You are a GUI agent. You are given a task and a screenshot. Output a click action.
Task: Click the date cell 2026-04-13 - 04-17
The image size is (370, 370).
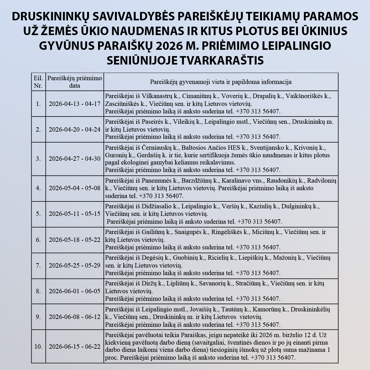(x=75, y=104)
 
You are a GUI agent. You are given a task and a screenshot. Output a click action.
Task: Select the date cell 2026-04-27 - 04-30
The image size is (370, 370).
(x=75, y=159)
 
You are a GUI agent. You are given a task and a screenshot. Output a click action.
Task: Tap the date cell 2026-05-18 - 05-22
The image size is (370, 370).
(x=75, y=240)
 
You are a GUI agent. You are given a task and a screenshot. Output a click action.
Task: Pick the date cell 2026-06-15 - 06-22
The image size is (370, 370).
(x=75, y=347)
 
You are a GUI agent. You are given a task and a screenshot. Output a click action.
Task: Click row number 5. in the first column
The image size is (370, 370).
(x=38, y=214)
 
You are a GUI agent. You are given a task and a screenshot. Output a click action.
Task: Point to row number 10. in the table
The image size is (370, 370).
(x=38, y=347)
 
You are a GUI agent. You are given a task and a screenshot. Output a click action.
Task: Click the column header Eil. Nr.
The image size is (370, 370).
(x=38, y=82)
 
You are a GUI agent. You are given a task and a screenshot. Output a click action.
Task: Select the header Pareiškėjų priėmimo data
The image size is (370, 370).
(x=75, y=82)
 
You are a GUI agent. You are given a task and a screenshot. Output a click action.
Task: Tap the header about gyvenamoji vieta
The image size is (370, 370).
(x=221, y=82)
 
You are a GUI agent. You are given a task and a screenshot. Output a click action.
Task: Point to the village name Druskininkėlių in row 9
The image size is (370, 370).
(x=310, y=309)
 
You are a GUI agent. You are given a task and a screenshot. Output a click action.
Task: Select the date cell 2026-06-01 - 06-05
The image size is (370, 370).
(x=75, y=291)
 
